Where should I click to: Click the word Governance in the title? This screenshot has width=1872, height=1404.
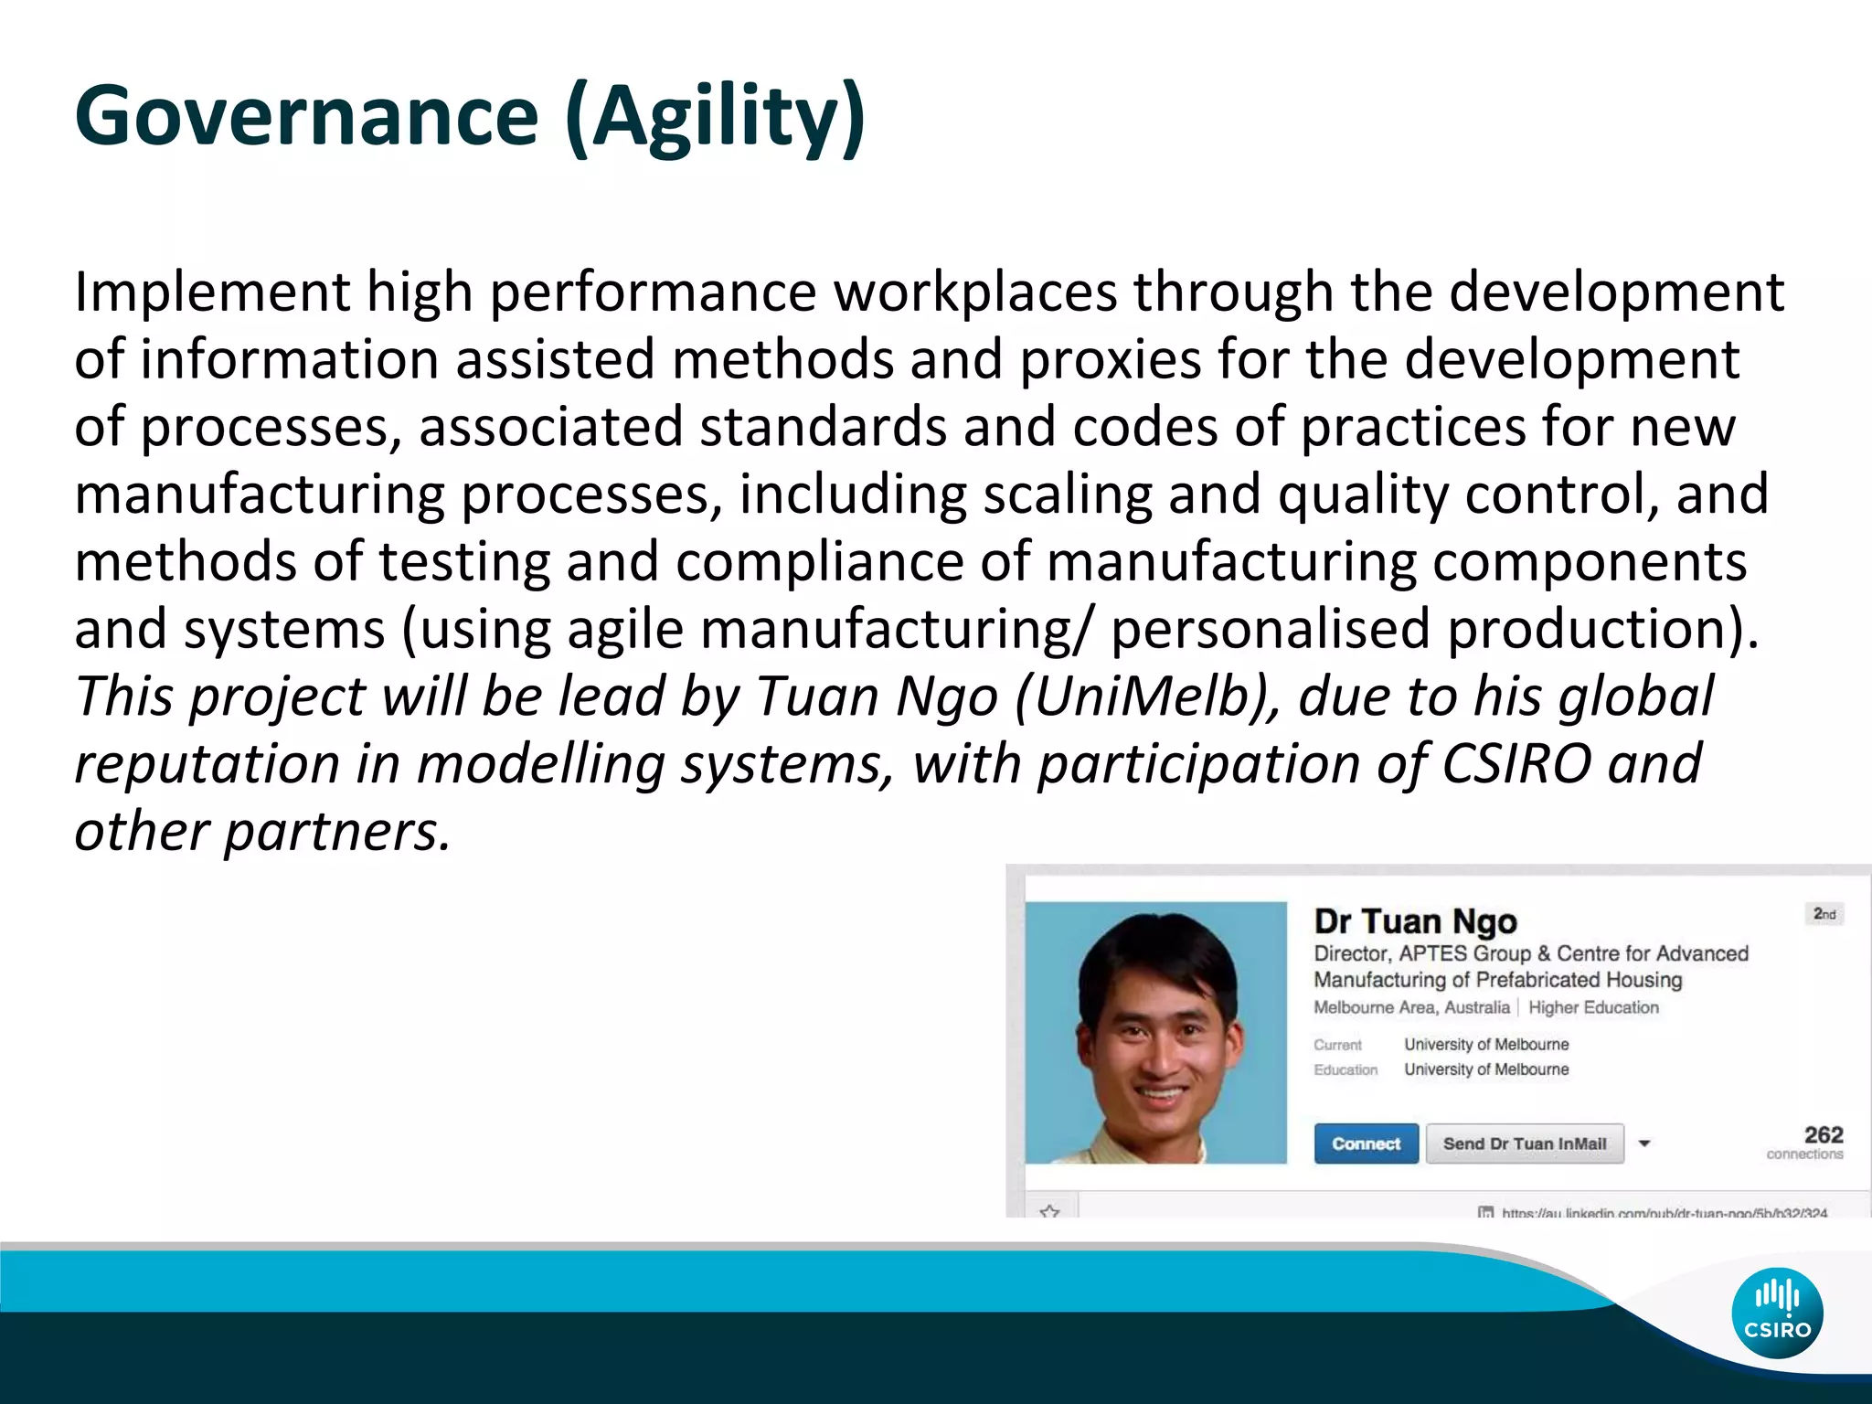click(306, 116)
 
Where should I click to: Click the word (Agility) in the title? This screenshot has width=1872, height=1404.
click(715, 116)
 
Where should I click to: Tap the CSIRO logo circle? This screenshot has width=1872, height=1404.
click(1777, 1313)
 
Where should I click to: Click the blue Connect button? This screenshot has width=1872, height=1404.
click(1366, 1143)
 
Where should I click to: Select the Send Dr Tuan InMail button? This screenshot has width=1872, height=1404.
click(1524, 1143)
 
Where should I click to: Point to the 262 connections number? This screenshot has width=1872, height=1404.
click(1823, 1134)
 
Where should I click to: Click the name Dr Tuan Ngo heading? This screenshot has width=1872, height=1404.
click(1415, 920)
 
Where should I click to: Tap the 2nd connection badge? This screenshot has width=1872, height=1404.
click(1824, 914)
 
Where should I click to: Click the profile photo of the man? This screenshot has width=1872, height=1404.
click(1155, 1033)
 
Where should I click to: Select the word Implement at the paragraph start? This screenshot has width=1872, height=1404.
click(211, 292)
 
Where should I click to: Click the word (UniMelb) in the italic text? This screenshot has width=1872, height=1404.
click(1147, 697)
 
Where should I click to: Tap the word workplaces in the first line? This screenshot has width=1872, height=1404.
click(975, 292)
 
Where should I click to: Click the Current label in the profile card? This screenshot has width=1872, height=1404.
click(1337, 1045)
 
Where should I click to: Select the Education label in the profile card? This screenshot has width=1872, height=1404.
click(1345, 1069)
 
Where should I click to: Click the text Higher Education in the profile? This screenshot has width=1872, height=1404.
click(1593, 1007)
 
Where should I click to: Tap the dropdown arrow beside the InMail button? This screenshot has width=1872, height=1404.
click(1644, 1143)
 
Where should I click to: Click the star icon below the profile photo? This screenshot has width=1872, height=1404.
click(1049, 1211)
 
